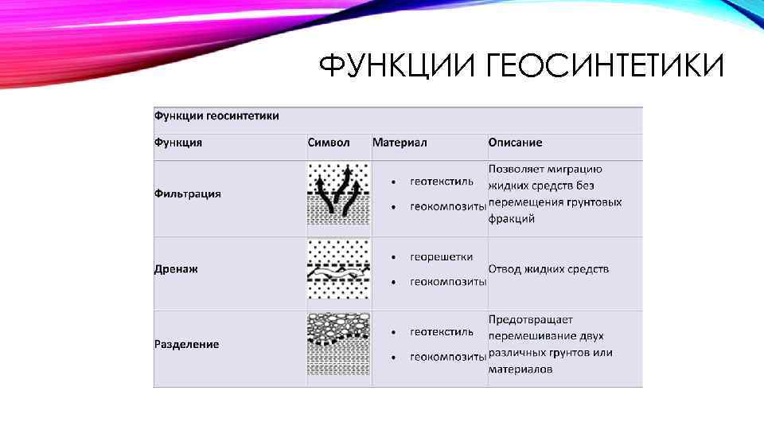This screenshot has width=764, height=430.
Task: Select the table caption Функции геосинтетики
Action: (216, 116)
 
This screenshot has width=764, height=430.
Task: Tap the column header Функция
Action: (178, 143)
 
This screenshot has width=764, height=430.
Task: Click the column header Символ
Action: (329, 143)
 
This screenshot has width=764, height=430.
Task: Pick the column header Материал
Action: (400, 143)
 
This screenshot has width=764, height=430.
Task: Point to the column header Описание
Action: (515, 143)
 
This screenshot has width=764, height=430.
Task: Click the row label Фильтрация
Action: (187, 193)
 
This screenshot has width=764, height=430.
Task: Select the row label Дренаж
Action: (176, 269)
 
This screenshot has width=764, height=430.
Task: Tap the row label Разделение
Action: (186, 344)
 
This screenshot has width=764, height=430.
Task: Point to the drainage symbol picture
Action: (339, 269)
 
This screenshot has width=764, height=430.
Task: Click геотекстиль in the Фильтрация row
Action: (442, 182)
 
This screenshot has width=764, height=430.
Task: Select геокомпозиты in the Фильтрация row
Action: (448, 207)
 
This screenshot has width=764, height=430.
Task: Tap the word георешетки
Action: (442, 257)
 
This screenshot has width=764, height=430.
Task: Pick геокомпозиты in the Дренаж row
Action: (448, 282)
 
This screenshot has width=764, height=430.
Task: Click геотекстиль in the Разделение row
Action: (442, 332)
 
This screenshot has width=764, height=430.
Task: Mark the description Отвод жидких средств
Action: (548, 269)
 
